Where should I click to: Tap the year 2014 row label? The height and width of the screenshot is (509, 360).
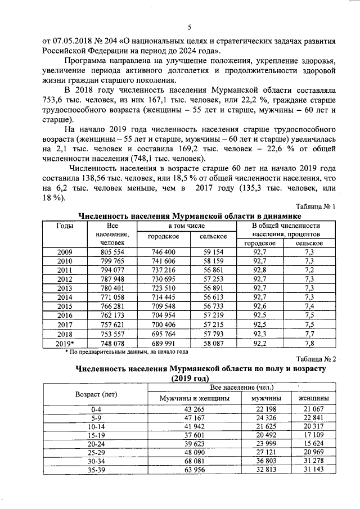[x=65, y=296]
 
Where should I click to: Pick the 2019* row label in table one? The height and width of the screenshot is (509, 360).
[x=65, y=342]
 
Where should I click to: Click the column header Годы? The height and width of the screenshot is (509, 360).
[x=65, y=226]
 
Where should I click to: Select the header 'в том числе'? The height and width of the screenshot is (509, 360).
[x=187, y=225]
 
